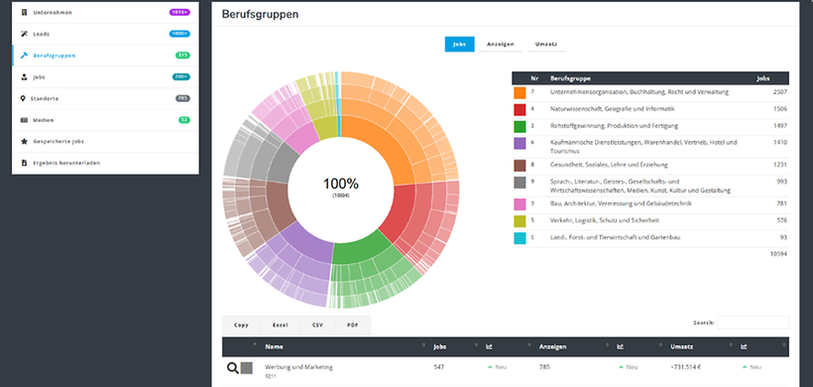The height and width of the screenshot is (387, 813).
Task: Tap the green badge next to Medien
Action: pos(183,120)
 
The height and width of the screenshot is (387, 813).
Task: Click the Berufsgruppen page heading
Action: pos(260,16)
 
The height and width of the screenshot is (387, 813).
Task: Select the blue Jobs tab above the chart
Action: pos(460,45)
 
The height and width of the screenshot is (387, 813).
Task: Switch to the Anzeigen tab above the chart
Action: pos(501,45)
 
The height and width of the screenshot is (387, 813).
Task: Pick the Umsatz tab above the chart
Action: pos(545,45)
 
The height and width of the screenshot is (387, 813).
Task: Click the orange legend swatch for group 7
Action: pos(520,92)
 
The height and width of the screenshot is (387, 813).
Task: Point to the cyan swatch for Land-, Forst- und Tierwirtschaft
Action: pos(520,238)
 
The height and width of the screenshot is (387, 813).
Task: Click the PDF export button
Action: pos(352,324)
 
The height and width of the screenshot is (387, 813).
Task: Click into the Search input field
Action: pos(753,322)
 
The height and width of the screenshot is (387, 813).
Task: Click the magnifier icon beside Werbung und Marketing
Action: pos(233,368)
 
